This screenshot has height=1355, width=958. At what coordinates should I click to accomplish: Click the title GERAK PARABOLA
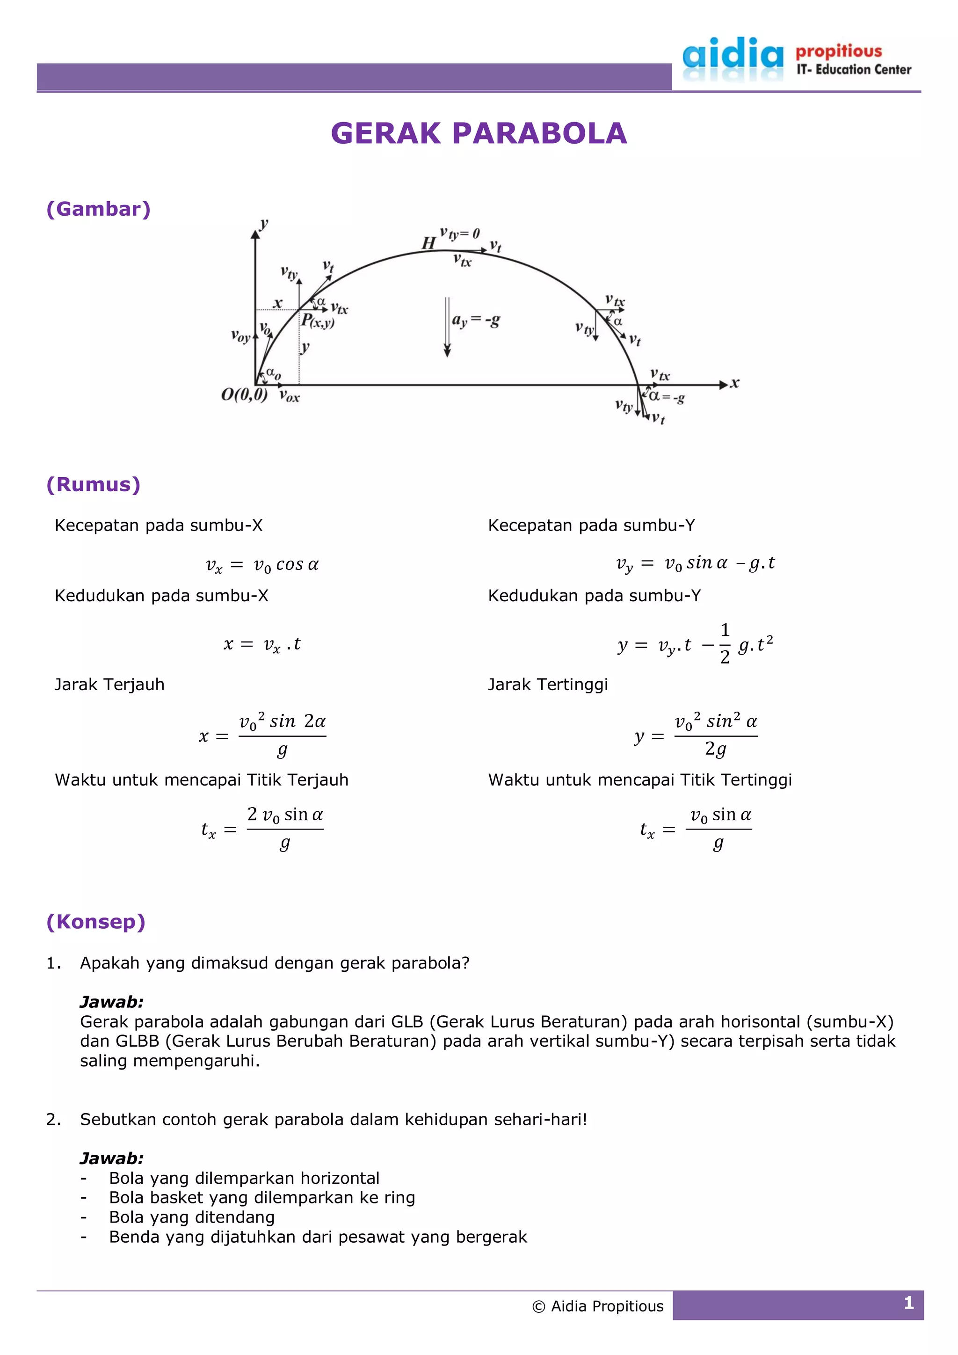[x=479, y=133]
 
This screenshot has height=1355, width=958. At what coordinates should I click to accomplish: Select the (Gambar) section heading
[x=99, y=209]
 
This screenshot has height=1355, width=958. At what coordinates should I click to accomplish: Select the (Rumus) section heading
[x=93, y=485]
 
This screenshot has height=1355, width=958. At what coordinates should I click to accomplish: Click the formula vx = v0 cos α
[x=262, y=565]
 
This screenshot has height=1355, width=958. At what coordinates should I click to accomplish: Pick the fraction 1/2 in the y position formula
[x=725, y=643]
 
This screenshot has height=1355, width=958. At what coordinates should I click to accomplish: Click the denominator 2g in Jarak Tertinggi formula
[x=715, y=750]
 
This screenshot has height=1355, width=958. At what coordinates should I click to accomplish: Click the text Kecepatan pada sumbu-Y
[x=591, y=525]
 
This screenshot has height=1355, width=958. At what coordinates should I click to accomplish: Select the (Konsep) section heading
[x=95, y=922]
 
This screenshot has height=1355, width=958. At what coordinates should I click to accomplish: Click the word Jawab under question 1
[x=111, y=1002]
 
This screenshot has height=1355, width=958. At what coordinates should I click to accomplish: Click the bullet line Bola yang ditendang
[x=192, y=1217]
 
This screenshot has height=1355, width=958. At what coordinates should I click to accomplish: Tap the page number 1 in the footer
[x=908, y=1303]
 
